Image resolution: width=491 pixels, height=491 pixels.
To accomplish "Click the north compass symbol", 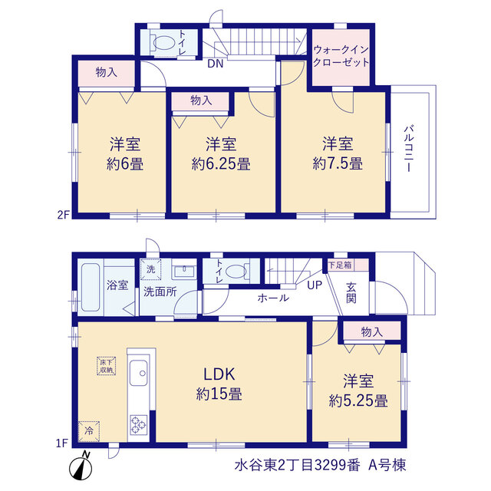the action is click(x=81, y=468).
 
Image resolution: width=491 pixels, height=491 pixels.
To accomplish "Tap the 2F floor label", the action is click(x=63, y=215).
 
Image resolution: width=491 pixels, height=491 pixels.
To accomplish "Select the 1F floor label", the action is click(x=62, y=443).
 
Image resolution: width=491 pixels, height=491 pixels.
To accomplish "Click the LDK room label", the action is click(x=219, y=374).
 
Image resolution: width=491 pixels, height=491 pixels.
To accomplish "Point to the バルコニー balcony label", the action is click(x=409, y=148).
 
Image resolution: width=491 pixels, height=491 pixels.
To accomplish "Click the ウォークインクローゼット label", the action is click(x=341, y=56).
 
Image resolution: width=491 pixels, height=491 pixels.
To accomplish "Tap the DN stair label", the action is click(x=216, y=64).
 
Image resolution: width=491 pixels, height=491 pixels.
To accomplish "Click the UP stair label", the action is click(x=315, y=285).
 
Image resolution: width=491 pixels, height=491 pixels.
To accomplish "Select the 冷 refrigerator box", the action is click(x=89, y=431).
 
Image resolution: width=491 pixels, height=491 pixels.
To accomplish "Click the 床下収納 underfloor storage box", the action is click(x=107, y=366).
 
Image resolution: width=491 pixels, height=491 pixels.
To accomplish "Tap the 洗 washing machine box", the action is click(x=150, y=269).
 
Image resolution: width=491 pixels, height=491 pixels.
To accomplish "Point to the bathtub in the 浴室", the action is click(x=91, y=287).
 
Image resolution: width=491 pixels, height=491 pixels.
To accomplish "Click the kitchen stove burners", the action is click(x=139, y=425).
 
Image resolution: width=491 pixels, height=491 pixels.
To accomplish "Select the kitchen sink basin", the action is click(x=138, y=373).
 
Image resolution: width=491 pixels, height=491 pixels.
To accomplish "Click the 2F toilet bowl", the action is click(x=163, y=43).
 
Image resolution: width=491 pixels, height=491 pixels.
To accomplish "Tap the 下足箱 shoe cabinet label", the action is click(x=340, y=265).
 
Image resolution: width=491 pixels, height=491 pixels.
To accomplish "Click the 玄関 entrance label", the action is click(x=351, y=293).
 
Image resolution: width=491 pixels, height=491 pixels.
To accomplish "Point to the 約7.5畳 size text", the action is click(x=338, y=163).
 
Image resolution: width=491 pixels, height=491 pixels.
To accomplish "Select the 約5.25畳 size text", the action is click(x=358, y=400).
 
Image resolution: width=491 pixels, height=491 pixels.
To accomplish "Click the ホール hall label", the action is click(x=273, y=298).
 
